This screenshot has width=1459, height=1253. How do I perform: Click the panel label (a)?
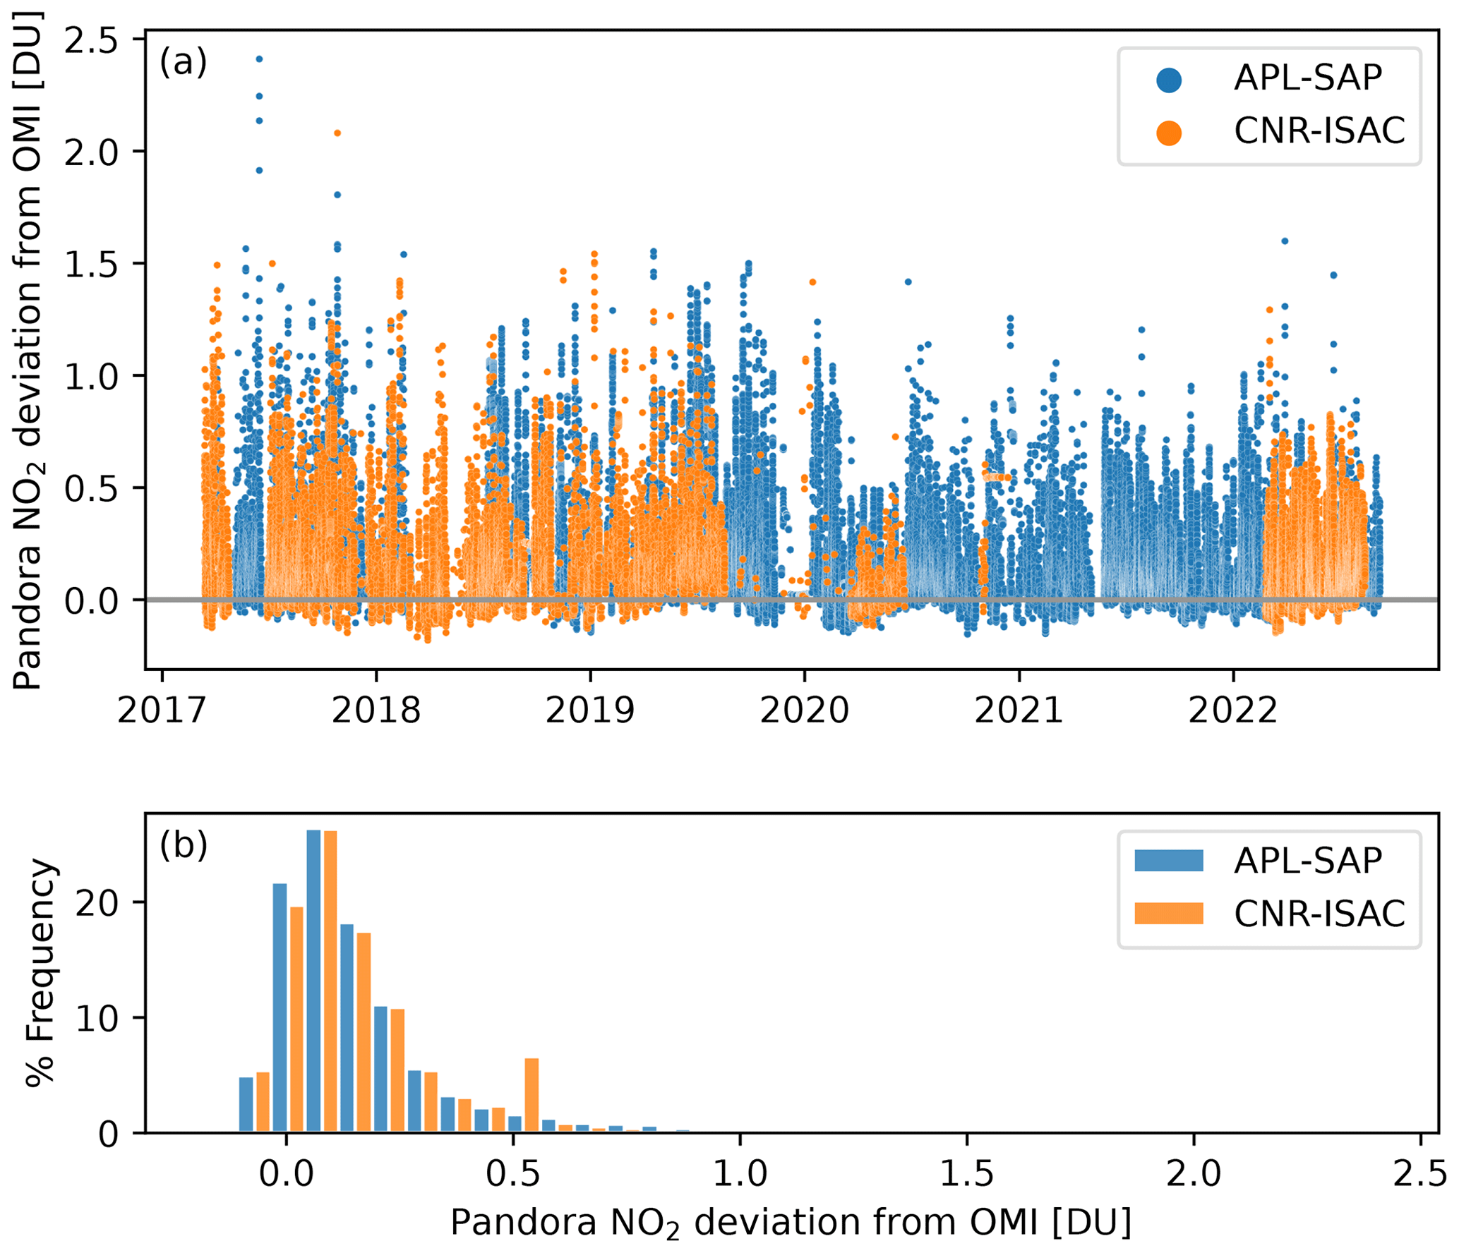point(183,62)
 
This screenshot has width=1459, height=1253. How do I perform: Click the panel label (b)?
point(183,845)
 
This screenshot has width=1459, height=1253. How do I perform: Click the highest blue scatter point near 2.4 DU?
point(259,59)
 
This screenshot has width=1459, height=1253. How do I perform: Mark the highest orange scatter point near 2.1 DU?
point(337,133)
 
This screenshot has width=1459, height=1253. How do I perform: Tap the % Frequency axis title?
point(40,973)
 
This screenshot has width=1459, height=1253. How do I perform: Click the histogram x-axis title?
point(791,1223)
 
